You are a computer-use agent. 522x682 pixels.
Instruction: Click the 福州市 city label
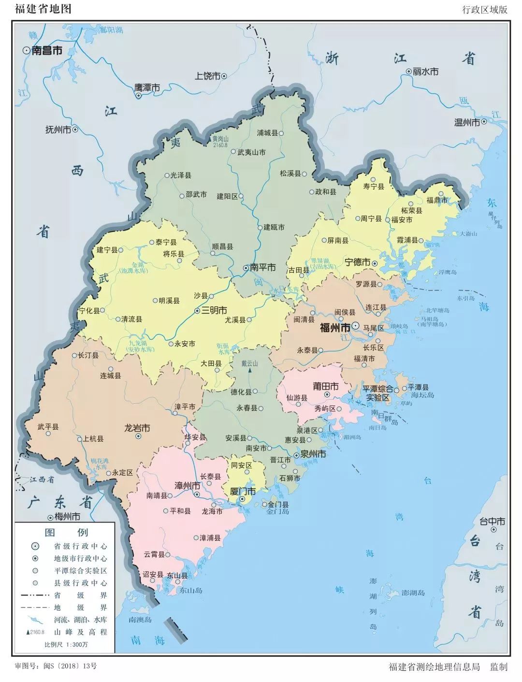tap(335, 328)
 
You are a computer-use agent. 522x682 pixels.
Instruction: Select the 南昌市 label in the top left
tap(47, 50)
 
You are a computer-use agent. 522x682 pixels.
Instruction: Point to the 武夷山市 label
tap(251, 152)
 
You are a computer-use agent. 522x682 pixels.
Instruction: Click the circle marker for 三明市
tap(197, 311)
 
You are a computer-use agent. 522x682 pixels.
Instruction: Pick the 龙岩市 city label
tap(137, 428)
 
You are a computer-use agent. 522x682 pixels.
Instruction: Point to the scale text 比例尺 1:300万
tap(66, 644)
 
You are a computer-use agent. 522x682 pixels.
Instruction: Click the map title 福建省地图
tap(43, 9)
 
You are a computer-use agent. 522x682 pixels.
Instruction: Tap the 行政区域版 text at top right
tap(485, 10)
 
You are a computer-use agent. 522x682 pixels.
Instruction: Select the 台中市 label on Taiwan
tap(492, 522)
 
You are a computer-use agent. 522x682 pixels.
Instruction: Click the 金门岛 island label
tap(277, 511)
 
